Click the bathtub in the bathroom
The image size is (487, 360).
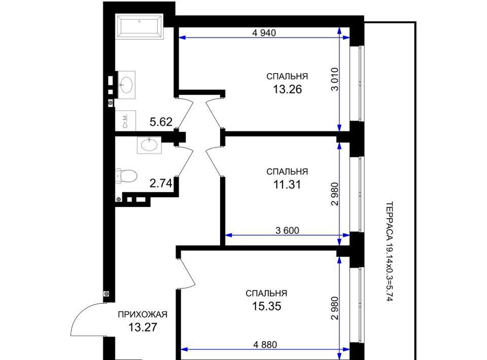[139, 26]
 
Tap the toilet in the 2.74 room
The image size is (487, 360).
[126, 176]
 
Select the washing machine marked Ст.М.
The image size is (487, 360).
[125, 120]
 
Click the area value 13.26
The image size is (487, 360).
[287, 89]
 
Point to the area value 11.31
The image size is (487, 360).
[287, 185]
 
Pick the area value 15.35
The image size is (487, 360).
[266, 306]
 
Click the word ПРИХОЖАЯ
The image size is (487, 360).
[143, 314]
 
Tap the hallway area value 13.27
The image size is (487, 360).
[143, 327]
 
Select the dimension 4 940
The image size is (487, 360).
[264, 32]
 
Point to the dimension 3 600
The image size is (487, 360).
[287, 230]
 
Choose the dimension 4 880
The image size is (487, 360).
[265, 344]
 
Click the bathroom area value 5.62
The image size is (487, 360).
[161, 122]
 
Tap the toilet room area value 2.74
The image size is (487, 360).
[161, 184]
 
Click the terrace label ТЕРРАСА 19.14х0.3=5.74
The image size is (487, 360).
[390, 251]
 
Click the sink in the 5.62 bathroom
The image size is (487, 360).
[126, 85]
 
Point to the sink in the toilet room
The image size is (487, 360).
[149, 145]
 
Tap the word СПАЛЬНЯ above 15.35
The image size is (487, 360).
[266, 293]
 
